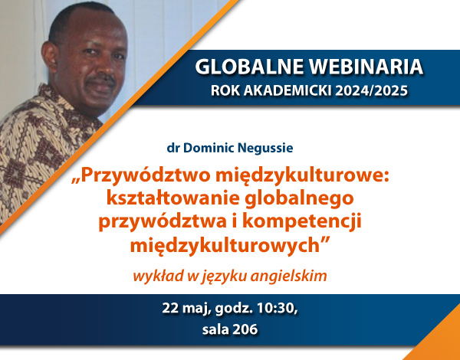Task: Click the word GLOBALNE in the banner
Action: (x=249, y=67)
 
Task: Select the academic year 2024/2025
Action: (x=371, y=90)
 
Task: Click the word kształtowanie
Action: (x=173, y=198)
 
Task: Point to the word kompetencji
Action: (x=302, y=222)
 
